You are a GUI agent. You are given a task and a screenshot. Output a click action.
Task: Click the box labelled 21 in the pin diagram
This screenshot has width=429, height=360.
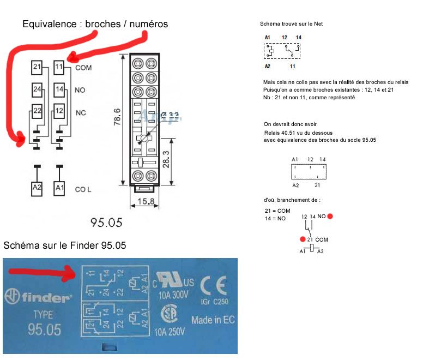click(37, 68)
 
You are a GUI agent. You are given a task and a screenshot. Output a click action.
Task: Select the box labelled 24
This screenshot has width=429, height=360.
click(37, 89)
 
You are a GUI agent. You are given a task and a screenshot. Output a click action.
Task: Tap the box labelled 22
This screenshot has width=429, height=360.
click(37, 111)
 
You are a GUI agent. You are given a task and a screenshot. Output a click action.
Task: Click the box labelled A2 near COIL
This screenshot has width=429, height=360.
click(37, 189)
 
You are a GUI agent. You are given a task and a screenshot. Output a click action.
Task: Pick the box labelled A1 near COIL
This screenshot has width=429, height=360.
click(60, 189)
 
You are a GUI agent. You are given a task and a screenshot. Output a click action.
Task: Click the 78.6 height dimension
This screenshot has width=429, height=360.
click(117, 117)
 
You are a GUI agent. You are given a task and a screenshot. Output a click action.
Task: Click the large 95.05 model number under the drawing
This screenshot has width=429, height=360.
click(106, 223)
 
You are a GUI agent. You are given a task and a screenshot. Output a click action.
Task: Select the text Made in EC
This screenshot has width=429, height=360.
click(213, 320)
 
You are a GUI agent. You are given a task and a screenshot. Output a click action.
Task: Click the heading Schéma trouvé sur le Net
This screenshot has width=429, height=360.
click(295, 24)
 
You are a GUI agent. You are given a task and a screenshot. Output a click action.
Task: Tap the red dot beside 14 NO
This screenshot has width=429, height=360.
click(330, 217)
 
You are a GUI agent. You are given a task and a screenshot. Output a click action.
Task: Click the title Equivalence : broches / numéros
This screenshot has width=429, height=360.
click(95, 24)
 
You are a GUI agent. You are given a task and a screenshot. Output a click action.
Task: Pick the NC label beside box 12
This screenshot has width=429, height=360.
click(81, 112)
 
